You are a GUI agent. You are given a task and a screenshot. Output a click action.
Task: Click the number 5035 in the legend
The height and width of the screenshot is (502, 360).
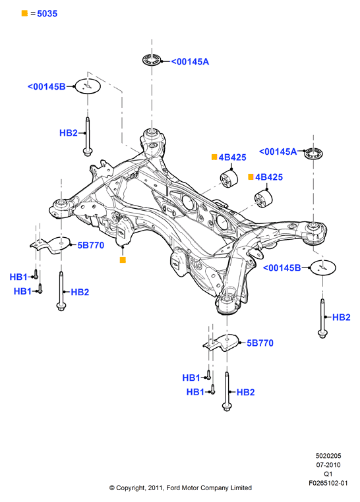pos(47,13)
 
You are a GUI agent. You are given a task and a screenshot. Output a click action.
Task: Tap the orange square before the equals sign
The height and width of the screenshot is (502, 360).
pos(24,13)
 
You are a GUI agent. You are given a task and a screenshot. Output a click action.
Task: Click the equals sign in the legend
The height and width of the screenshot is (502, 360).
pos(33,13)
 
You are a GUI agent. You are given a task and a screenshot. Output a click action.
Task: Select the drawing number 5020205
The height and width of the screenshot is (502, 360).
pos(328,456)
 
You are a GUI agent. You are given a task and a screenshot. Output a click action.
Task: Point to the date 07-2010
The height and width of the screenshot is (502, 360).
pos(328,465)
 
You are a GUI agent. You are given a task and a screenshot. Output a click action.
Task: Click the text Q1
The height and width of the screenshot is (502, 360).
pos(328,474)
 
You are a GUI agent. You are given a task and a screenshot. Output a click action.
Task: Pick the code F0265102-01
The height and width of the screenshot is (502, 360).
pos(328,483)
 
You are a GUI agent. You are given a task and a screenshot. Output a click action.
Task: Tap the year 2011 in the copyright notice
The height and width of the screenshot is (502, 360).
pos(156,488)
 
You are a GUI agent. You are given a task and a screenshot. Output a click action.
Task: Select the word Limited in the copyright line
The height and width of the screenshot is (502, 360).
pos(240,488)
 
